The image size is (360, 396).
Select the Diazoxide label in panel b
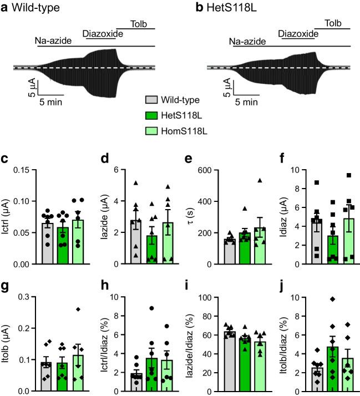(297, 34)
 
